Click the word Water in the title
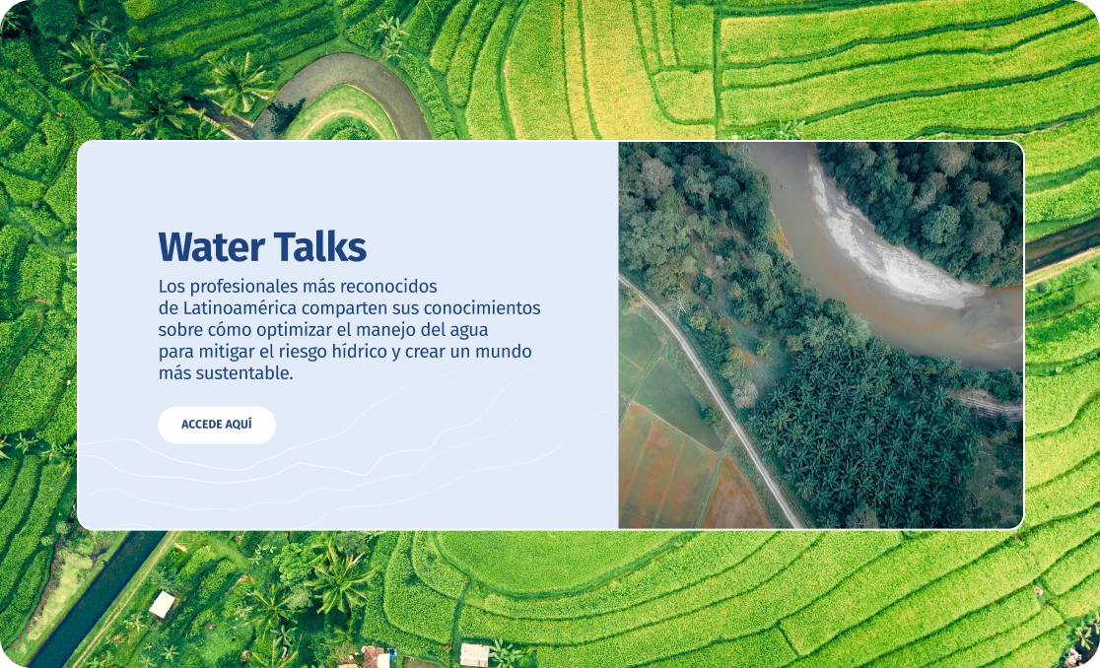[211, 246]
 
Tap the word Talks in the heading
[320, 246]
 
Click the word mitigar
[227, 351]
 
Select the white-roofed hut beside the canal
[162, 604]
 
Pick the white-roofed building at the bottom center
[474, 654]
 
